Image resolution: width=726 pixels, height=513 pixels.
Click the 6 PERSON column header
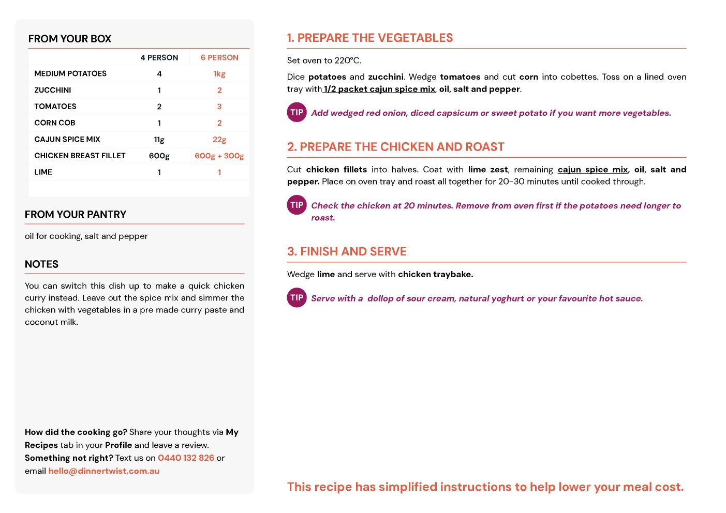pyautogui.click(x=219, y=58)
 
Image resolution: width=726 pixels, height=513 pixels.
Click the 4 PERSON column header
pyautogui.click(x=159, y=58)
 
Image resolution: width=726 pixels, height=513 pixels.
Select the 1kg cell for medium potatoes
pyautogui.click(x=219, y=74)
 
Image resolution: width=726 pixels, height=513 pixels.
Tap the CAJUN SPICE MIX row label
pyautogui.click(x=67, y=140)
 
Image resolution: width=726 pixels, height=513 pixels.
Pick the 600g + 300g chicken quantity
pyautogui.click(x=219, y=156)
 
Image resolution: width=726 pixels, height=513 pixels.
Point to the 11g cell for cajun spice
pyautogui.click(x=159, y=140)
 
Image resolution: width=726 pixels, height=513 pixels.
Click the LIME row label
pyautogui.click(x=43, y=172)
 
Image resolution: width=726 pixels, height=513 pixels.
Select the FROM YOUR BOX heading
pyautogui.click(x=70, y=39)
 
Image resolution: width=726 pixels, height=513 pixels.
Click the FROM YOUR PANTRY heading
pyautogui.click(x=76, y=215)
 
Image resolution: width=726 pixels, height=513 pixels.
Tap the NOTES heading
pyautogui.click(x=41, y=264)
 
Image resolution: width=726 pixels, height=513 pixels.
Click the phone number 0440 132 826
pyautogui.click(x=186, y=458)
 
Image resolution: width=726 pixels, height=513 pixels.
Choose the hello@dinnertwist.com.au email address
pyautogui.click(x=104, y=471)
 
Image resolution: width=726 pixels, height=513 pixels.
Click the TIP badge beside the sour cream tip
pyautogui.click(x=297, y=298)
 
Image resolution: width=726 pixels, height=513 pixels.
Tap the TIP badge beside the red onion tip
pyautogui.click(x=297, y=112)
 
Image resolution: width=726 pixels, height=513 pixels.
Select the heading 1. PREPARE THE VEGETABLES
pyautogui.click(x=370, y=38)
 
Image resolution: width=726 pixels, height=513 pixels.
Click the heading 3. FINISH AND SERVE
pyautogui.click(x=347, y=252)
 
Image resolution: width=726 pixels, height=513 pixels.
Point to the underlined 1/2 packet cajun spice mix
pyautogui.click(x=379, y=89)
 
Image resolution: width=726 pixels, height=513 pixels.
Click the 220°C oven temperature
pyautogui.click(x=348, y=61)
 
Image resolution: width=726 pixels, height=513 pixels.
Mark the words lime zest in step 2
pyautogui.click(x=488, y=170)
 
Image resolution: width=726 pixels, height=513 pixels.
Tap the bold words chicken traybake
pyautogui.click(x=435, y=275)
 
